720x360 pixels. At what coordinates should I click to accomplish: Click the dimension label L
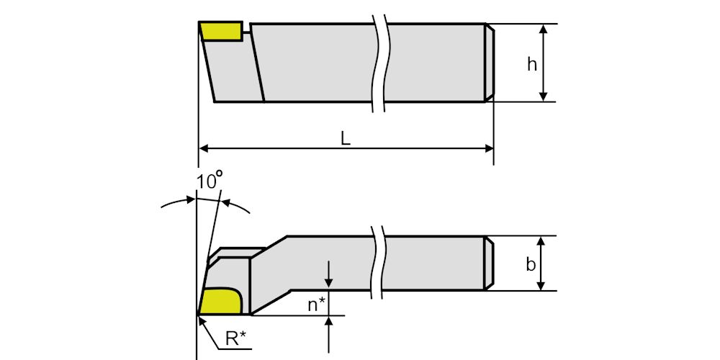click(x=346, y=140)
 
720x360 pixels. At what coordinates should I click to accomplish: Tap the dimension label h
click(x=531, y=64)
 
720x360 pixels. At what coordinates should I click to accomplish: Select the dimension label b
click(x=531, y=264)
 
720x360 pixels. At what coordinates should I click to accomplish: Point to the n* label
click(x=318, y=305)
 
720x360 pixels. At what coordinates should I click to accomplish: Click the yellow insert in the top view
click(x=222, y=31)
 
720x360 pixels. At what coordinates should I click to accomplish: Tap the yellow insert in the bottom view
click(x=220, y=300)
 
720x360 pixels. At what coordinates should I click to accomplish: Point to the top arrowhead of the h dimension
click(x=544, y=29)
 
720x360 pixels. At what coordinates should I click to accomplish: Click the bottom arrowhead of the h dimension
click(x=544, y=96)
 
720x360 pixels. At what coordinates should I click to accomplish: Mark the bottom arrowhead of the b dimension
click(x=541, y=286)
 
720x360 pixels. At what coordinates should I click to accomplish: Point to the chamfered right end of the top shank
click(x=489, y=63)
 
